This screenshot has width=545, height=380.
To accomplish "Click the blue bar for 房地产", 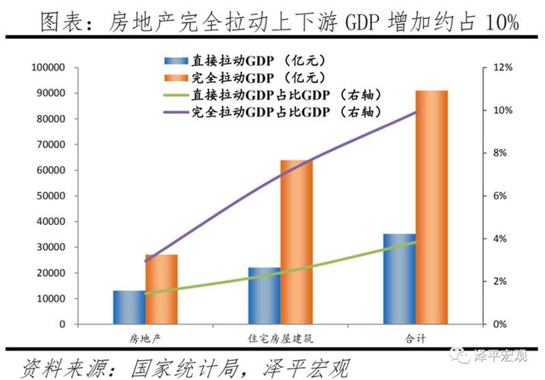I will [129, 307].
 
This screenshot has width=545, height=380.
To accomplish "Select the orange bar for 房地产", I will [161, 290].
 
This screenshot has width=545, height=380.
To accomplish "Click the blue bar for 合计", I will [400, 279].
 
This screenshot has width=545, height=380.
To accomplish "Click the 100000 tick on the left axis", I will [47, 68].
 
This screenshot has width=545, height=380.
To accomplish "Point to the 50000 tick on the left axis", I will [49, 196].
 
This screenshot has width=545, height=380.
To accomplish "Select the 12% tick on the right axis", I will [505, 68].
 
